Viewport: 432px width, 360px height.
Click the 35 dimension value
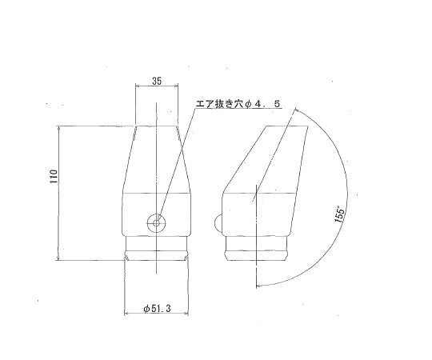(x=157, y=81)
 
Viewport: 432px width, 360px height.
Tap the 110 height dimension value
(x=54, y=177)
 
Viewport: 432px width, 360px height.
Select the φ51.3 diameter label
(x=157, y=309)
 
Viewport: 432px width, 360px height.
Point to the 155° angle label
(x=340, y=216)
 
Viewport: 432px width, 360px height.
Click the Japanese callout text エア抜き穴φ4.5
(x=238, y=104)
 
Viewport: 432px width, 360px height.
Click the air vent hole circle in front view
(x=157, y=223)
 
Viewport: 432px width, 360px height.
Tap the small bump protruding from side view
(x=218, y=223)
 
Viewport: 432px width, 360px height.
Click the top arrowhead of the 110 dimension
(x=58, y=128)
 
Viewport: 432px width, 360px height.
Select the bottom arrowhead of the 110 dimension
(x=58, y=258)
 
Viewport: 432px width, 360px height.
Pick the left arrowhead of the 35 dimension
(x=138, y=86)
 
